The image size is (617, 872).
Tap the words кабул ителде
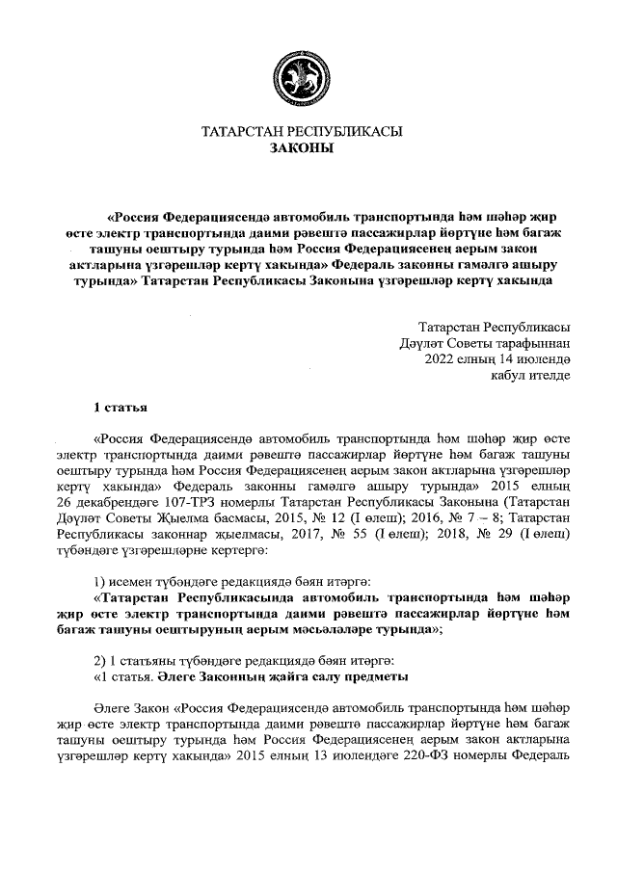(530, 377)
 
